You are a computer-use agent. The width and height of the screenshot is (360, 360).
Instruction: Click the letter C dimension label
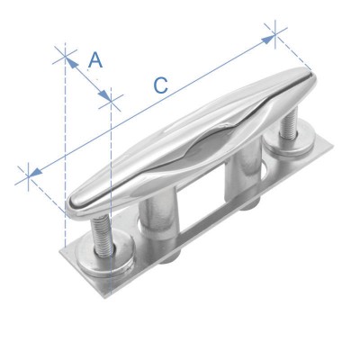click(159, 85)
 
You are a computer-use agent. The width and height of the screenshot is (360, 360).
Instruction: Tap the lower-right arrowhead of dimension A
click(108, 97)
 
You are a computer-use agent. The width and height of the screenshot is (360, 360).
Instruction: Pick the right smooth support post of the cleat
click(242, 175)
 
